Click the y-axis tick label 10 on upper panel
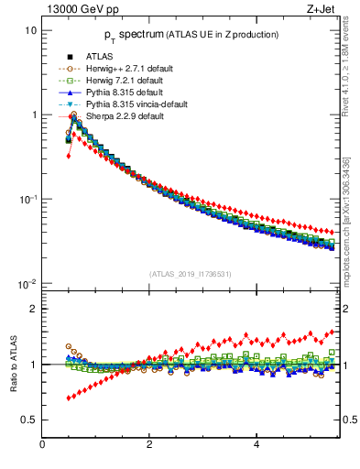[30, 30]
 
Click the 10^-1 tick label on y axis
[28, 199]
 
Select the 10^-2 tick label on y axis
[28, 283]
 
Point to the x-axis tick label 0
[42, 444]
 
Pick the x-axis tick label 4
[256, 444]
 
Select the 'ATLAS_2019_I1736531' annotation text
[189, 274]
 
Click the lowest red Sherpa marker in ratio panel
[68, 398]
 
